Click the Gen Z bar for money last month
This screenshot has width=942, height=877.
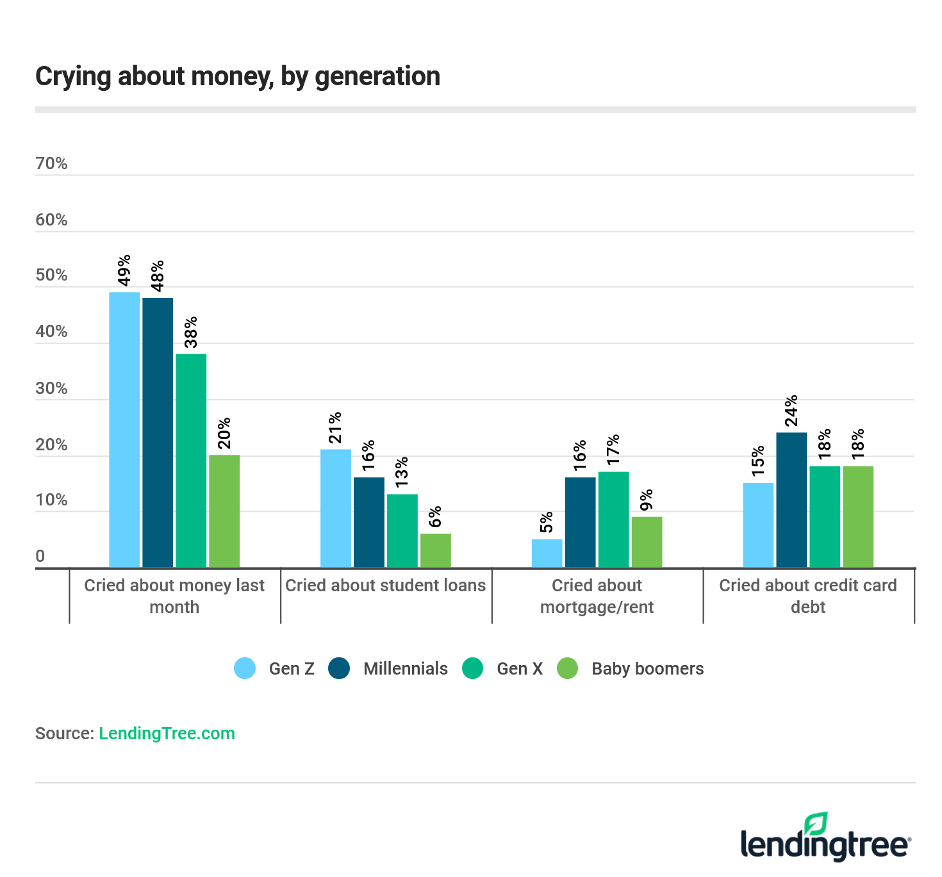124,429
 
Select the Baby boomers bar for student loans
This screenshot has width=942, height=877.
436,550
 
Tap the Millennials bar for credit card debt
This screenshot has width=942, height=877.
791,500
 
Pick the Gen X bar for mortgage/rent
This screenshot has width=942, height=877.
613,519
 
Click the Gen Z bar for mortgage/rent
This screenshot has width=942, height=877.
547,553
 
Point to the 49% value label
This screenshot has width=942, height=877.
124,270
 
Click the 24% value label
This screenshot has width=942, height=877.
791,411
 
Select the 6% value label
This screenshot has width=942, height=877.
436,516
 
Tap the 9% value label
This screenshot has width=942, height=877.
647,500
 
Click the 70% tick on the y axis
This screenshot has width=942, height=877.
51,163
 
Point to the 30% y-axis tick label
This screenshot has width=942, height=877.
51,388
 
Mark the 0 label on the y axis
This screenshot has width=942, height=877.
40,556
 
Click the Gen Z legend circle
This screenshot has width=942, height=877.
245,668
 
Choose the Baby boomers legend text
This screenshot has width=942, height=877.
647,668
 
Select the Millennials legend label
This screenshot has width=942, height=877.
405,668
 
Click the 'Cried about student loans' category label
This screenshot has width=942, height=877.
386,586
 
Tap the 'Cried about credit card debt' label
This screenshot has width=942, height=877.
808,596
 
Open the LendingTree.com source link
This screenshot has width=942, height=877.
167,734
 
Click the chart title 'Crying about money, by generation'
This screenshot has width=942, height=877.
238,76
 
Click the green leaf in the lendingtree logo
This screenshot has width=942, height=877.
816,823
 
